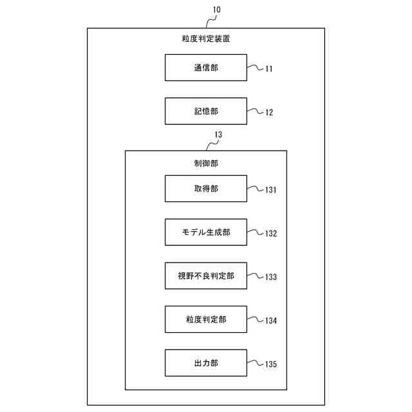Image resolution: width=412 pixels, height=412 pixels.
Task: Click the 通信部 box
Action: [x=205, y=68]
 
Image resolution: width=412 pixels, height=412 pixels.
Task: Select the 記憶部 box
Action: [x=205, y=111]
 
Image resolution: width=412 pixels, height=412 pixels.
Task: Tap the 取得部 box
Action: [x=205, y=189]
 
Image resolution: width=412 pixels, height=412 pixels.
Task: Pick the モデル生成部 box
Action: [x=205, y=232]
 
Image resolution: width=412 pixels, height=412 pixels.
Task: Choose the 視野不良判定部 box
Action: [x=205, y=276]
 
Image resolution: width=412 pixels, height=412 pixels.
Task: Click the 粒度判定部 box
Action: [x=205, y=319]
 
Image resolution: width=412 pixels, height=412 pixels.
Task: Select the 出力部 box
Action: [x=205, y=363]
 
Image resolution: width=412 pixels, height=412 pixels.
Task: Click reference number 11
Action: [x=268, y=69]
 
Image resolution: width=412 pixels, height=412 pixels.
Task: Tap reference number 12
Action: [x=268, y=113]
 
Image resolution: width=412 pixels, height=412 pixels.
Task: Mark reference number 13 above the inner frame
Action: [x=218, y=135]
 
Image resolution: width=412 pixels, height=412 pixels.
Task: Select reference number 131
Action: [x=270, y=191]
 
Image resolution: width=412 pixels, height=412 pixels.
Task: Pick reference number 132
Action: [x=270, y=234]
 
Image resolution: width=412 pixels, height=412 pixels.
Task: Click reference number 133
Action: [x=270, y=277]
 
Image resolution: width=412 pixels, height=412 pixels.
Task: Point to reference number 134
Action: [x=270, y=321]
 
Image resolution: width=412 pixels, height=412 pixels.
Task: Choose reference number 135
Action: [x=270, y=364]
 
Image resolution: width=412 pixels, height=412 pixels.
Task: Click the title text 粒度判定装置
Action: [x=205, y=39]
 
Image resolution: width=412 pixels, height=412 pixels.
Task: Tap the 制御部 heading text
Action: [x=205, y=164]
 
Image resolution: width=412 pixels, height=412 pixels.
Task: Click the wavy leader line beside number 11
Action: [x=255, y=67]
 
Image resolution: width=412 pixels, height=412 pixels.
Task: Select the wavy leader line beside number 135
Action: [x=255, y=363]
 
